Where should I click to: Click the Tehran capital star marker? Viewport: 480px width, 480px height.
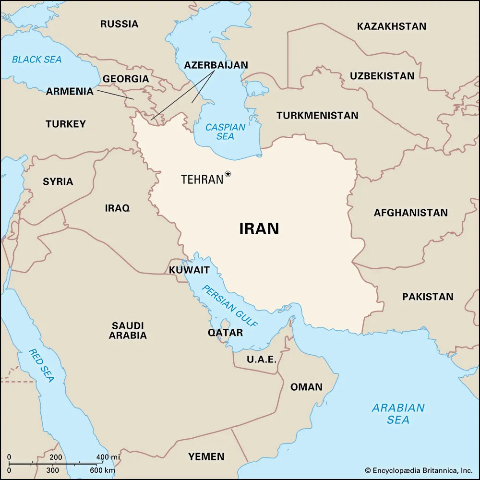point(228,174)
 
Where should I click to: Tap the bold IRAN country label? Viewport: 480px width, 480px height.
point(259,229)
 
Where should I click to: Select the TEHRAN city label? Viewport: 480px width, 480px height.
point(202,180)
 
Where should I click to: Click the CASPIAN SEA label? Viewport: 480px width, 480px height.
point(225,132)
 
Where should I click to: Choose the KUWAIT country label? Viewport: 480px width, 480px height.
point(189,270)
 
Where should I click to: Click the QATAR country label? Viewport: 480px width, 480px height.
point(225,333)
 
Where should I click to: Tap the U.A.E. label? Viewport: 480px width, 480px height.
point(262,359)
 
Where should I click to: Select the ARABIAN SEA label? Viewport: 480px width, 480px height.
point(398,414)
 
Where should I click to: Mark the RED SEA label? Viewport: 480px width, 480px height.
point(41,365)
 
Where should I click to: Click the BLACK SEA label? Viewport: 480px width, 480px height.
point(37,60)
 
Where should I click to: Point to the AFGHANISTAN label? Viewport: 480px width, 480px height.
point(410,213)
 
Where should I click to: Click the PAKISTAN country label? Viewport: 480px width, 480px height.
point(428,297)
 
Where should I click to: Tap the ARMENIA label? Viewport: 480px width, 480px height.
point(70,91)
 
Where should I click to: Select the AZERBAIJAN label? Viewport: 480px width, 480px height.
point(216,65)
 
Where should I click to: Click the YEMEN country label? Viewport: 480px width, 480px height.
point(206,456)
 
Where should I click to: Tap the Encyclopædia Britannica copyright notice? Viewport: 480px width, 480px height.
point(419,470)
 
